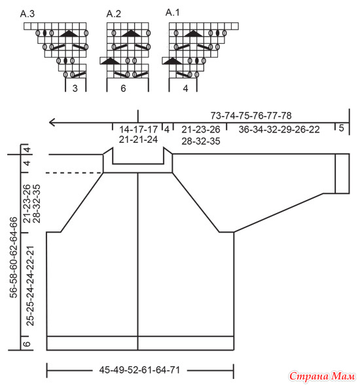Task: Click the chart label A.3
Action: click(x=27, y=14)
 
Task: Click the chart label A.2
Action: click(x=114, y=14)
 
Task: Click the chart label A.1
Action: click(x=172, y=12)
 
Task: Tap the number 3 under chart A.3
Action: click(x=75, y=88)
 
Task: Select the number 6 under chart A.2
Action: click(x=123, y=88)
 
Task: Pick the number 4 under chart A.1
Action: click(x=186, y=88)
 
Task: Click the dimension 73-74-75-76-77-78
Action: click(x=251, y=115)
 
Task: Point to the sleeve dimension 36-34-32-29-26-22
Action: click(x=279, y=130)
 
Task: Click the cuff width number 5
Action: click(x=341, y=128)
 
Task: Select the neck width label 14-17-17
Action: click(x=139, y=130)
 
